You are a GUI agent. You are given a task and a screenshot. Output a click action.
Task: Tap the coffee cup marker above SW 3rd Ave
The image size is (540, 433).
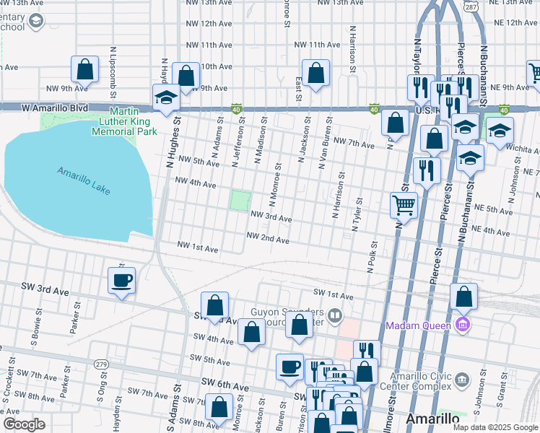point(121,280)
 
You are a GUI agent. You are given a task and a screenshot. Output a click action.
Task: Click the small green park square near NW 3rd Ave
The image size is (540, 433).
point(240,200)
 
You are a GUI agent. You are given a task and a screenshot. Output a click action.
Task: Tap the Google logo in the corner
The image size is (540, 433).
point(24,424)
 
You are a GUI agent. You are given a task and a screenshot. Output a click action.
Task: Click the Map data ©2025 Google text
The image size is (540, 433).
point(496,427)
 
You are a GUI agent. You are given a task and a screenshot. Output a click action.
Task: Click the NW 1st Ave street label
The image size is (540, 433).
point(198,249)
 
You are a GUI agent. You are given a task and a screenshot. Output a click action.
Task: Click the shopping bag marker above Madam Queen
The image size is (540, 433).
point(463,296)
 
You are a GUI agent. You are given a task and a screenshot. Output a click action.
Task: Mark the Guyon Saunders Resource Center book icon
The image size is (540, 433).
point(334,315)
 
